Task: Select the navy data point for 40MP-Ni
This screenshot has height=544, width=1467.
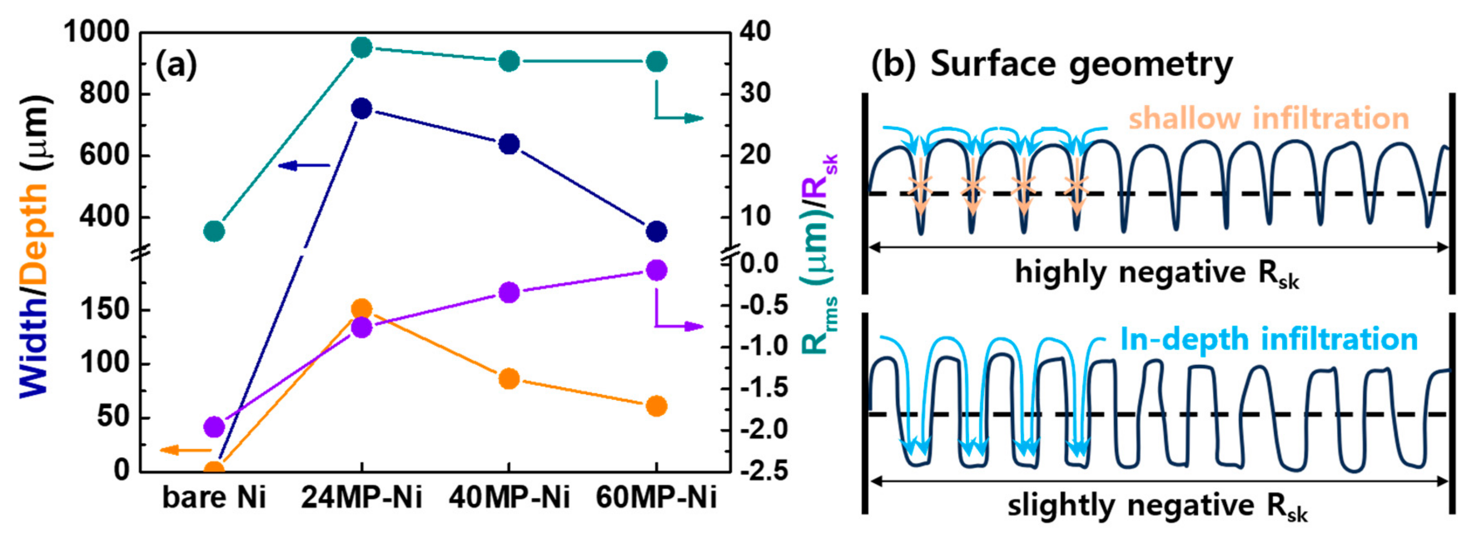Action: click(x=509, y=143)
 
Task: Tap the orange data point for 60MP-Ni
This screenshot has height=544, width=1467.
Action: click(x=656, y=406)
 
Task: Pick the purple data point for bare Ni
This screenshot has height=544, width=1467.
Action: click(x=214, y=426)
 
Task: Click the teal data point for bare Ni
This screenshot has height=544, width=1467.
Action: click(x=214, y=231)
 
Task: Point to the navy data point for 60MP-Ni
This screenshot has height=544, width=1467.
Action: click(x=656, y=231)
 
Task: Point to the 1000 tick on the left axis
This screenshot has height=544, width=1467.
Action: click(x=97, y=32)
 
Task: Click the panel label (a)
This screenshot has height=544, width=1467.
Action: click(x=176, y=65)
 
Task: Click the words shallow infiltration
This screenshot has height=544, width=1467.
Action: click(x=1268, y=119)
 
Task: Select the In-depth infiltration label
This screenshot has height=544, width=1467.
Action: click(x=1268, y=340)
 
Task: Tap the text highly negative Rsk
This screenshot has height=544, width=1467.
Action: click(x=1156, y=274)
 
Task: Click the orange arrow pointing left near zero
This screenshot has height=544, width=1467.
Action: click(x=185, y=450)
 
